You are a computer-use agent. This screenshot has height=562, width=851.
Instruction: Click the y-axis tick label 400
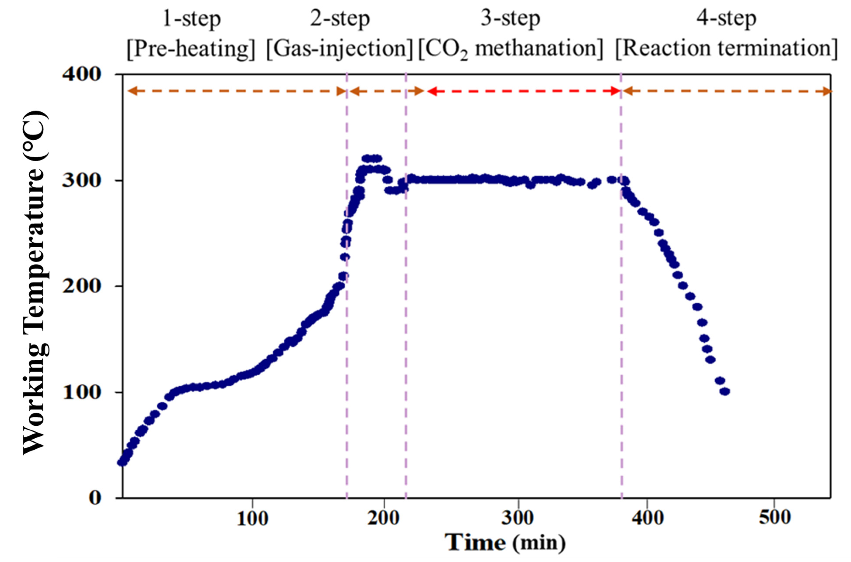(82, 75)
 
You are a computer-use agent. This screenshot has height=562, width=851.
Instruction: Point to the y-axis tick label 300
(82, 180)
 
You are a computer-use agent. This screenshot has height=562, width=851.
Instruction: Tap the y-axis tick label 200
(82, 286)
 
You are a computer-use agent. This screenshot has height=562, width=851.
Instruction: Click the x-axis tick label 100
(252, 519)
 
